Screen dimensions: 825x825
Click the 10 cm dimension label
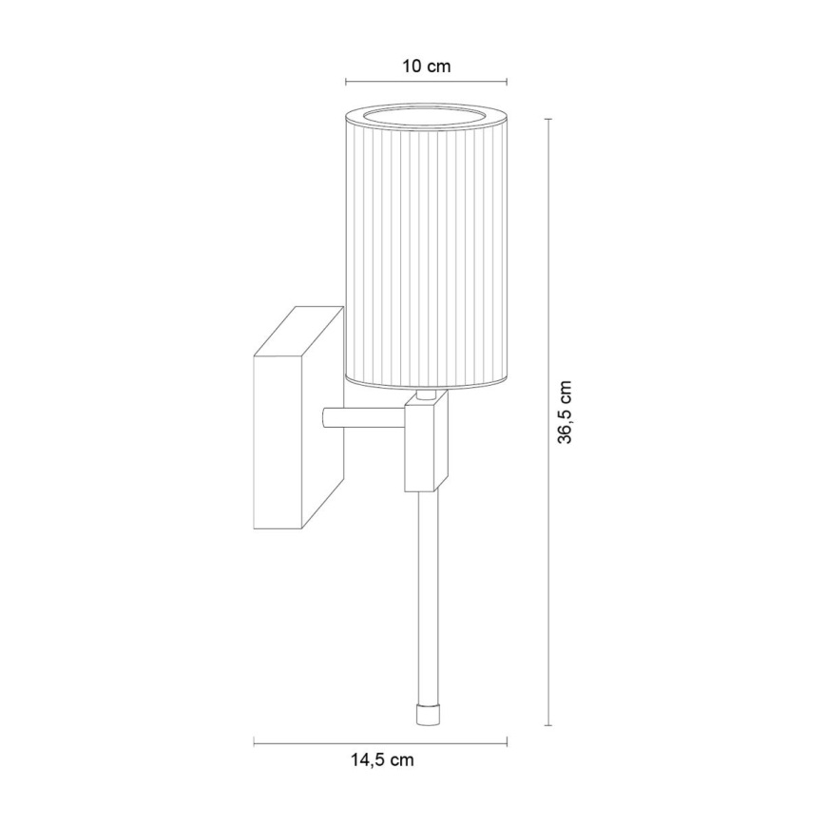[426, 67]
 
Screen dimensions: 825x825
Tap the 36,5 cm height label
[566, 412]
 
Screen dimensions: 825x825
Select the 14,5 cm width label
[380, 759]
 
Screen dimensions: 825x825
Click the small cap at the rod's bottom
[425, 714]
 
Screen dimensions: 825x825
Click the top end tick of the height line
[547, 119]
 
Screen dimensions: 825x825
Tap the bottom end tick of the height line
[547, 725]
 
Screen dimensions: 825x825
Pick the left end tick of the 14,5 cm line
[255, 740]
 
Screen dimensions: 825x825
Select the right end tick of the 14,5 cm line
[507, 740]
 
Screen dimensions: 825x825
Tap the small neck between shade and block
[425, 393]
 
